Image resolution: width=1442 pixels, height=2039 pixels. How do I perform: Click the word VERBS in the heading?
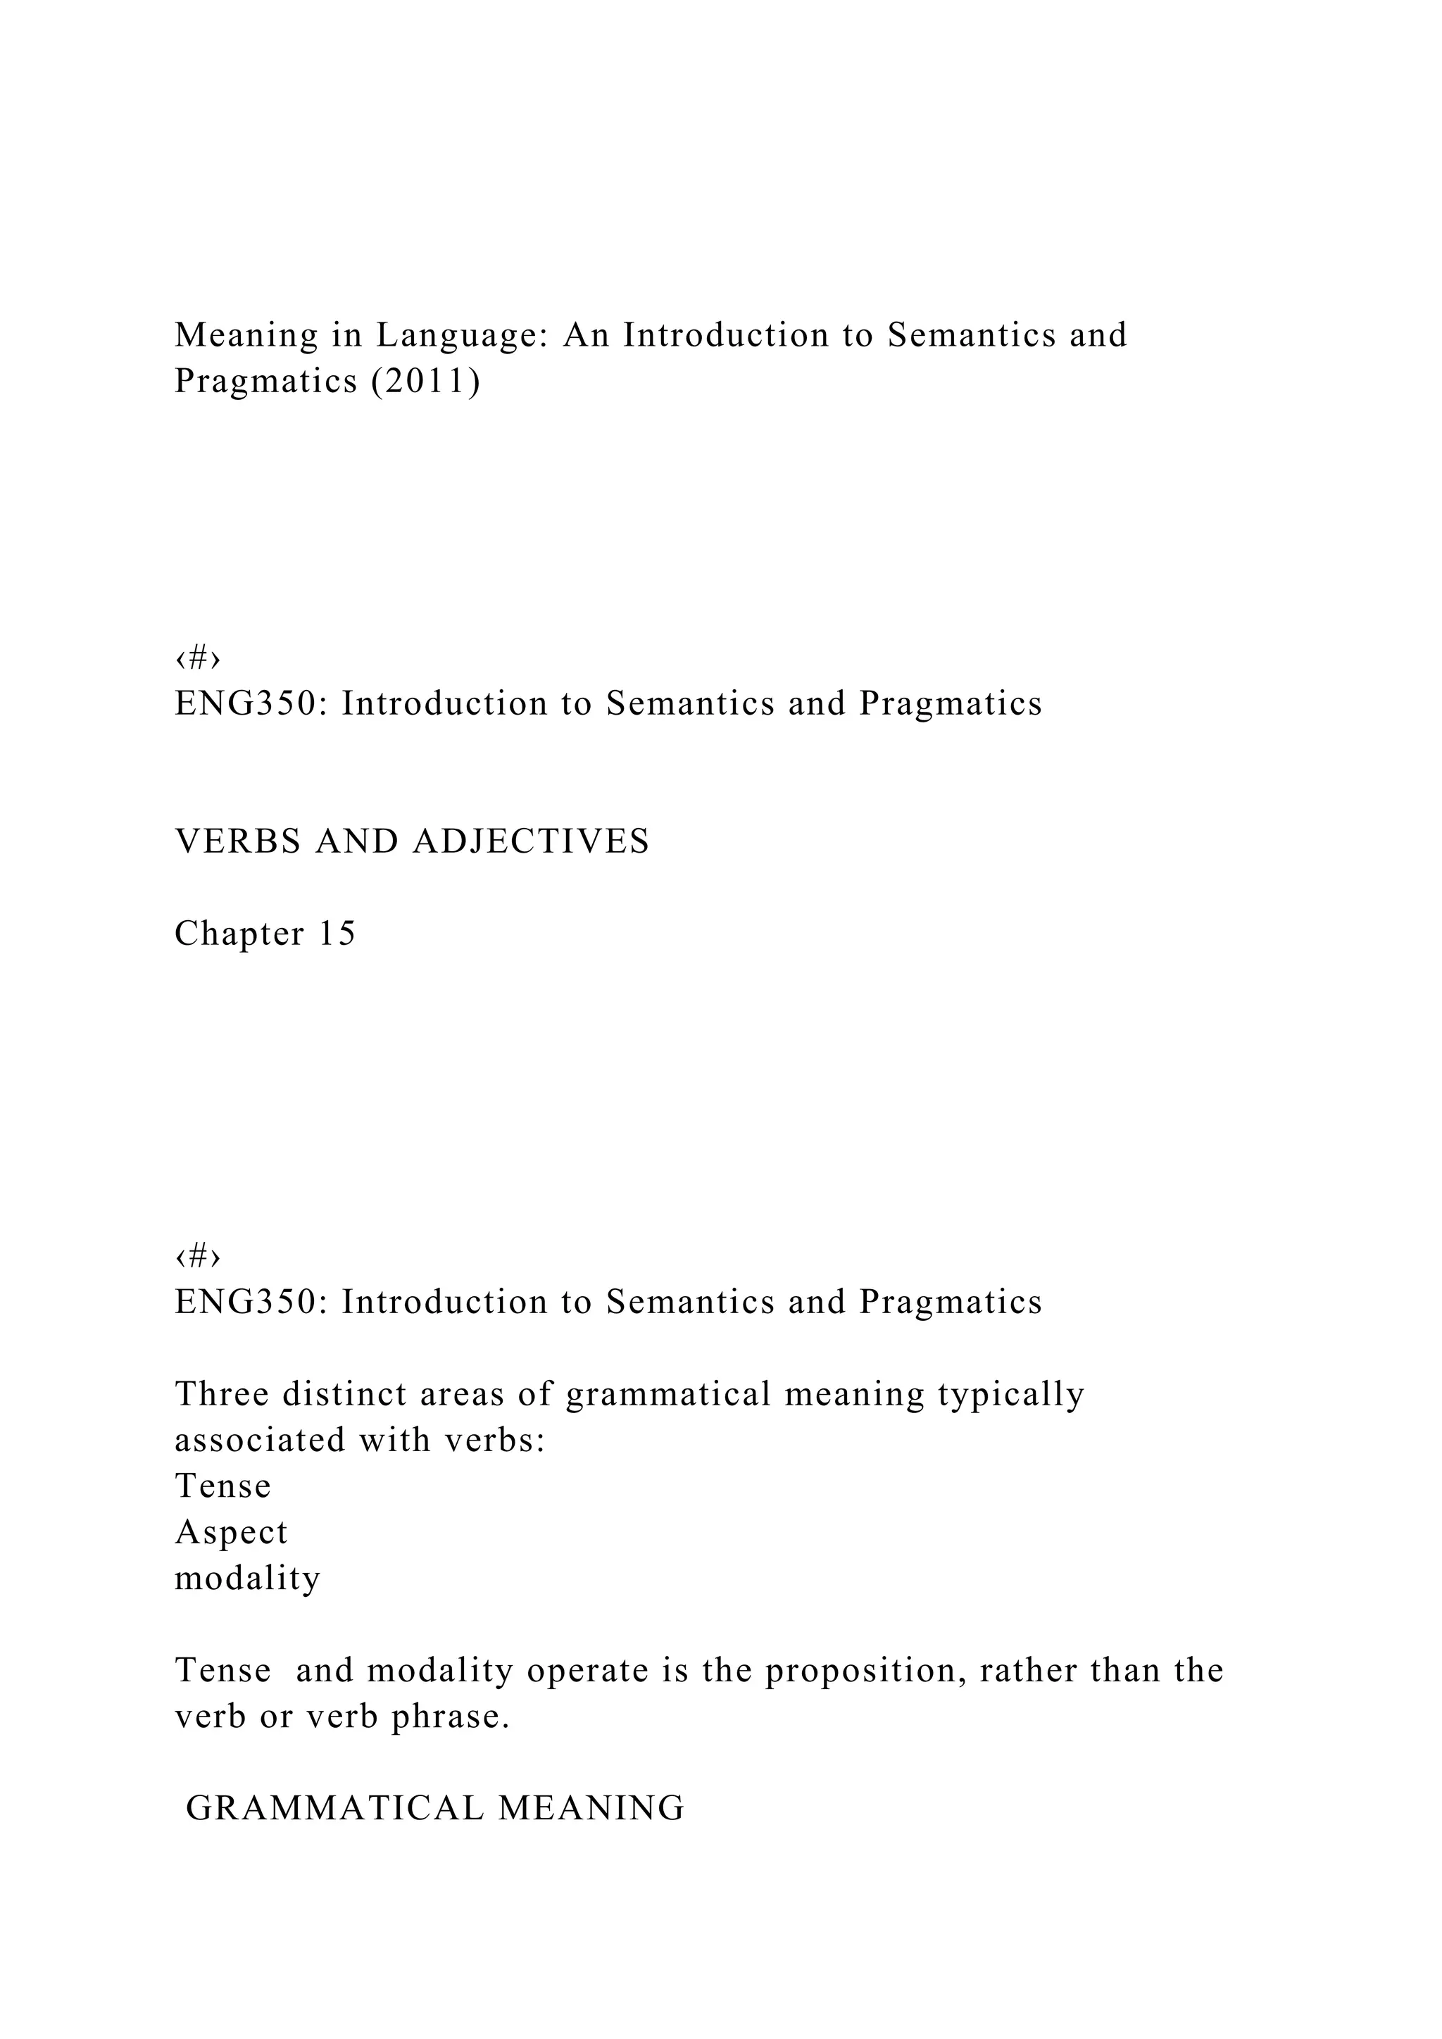point(238,841)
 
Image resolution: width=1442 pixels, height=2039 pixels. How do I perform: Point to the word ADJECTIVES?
point(531,841)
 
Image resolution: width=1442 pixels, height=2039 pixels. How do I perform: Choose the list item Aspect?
point(231,1532)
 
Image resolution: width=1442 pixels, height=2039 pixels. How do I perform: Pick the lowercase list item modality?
point(247,1578)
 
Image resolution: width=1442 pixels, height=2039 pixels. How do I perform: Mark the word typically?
point(1010,1393)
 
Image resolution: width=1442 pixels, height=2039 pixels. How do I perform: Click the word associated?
point(259,1440)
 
